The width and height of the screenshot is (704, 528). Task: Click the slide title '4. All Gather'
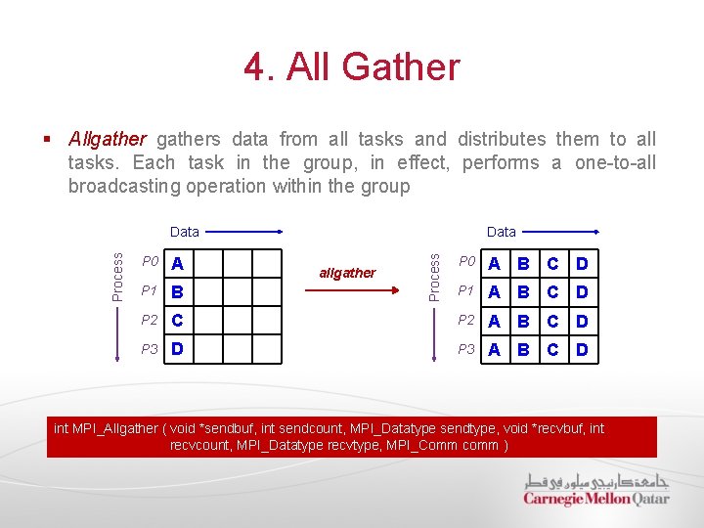pos(352,67)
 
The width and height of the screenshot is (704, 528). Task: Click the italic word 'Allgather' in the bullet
pos(108,139)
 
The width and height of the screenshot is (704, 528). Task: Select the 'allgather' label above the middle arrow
pos(347,273)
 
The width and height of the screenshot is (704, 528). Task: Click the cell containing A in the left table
pos(178,263)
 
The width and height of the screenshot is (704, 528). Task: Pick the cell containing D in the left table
pos(178,349)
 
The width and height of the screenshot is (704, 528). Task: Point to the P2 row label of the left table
pos(150,320)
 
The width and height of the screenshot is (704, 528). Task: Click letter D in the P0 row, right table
pos(582,263)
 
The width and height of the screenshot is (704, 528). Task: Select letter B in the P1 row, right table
pos(524,292)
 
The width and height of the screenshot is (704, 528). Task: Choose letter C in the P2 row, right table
pos(553,321)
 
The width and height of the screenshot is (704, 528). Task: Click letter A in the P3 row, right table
pos(496,349)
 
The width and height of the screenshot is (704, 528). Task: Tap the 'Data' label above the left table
pos(185,232)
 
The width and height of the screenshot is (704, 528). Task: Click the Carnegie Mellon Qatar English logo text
pos(595,499)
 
